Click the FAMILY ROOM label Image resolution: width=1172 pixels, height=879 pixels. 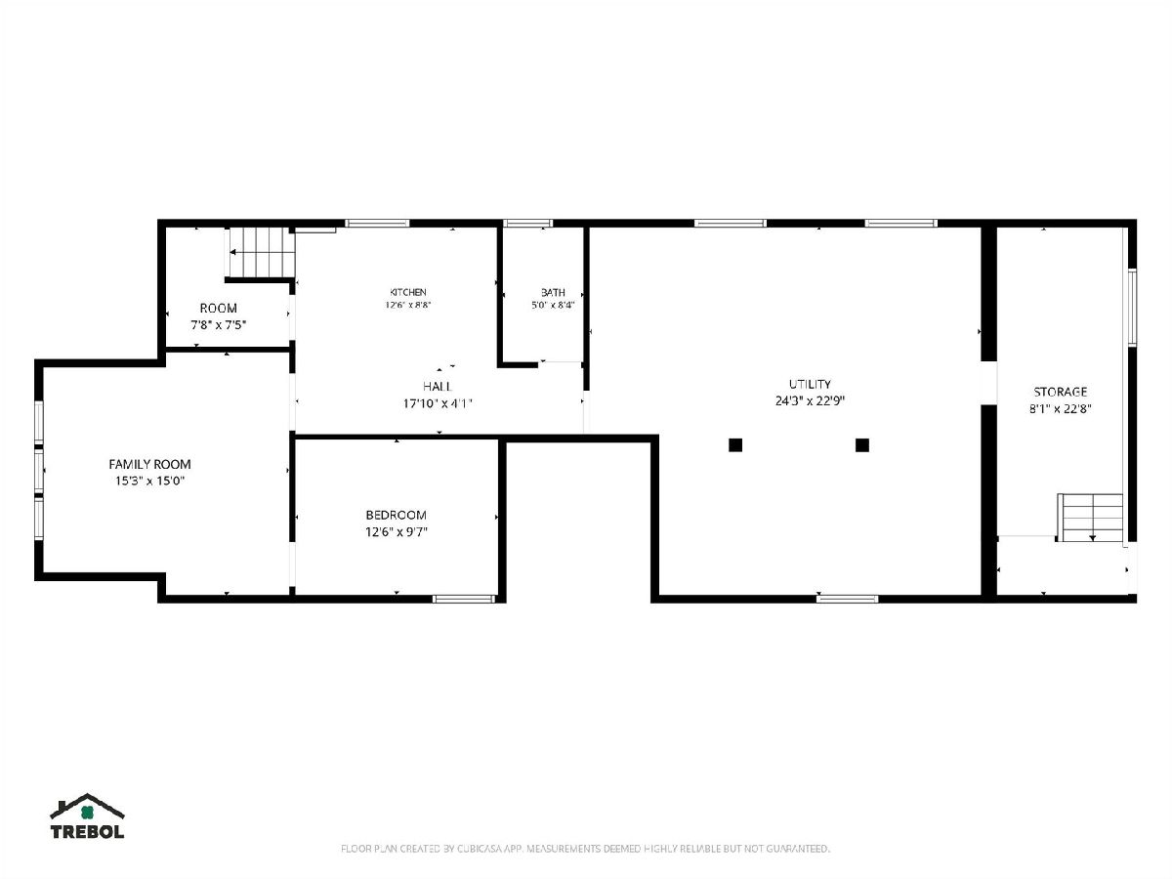[x=149, y=464]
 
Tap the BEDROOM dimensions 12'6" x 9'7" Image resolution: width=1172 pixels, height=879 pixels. [x=397, y=532]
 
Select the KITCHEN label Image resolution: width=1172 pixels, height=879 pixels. [x=408, y=292]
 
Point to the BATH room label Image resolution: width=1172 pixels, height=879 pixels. [x=553, y=292]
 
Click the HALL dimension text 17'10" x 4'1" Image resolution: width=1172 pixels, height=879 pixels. [x=438, y=403]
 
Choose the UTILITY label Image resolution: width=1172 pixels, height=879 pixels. [x=810, y=384]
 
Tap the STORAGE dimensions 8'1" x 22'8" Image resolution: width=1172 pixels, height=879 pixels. [x=1060, y=409]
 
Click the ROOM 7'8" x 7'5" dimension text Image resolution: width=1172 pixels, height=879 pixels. [x=219, y=324]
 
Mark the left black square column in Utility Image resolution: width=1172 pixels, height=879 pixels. [x=735, y=444]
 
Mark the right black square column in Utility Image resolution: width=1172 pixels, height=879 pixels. [x=861, y=444]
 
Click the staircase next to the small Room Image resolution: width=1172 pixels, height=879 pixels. [x=262, y=252]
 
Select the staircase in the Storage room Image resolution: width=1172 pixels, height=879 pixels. [x=1090, y=518]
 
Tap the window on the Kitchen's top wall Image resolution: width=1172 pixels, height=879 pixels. [x=377, y=223]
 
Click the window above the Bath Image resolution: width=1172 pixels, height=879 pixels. [x=528, y=223]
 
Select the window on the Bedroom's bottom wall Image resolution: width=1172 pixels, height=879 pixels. [x=464, y=599]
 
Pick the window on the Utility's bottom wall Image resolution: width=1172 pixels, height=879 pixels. [x=847, y=599]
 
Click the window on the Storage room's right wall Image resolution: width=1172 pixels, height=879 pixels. [x=1132, y=308]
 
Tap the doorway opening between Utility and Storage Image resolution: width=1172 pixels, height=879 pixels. [x=988, y=383]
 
